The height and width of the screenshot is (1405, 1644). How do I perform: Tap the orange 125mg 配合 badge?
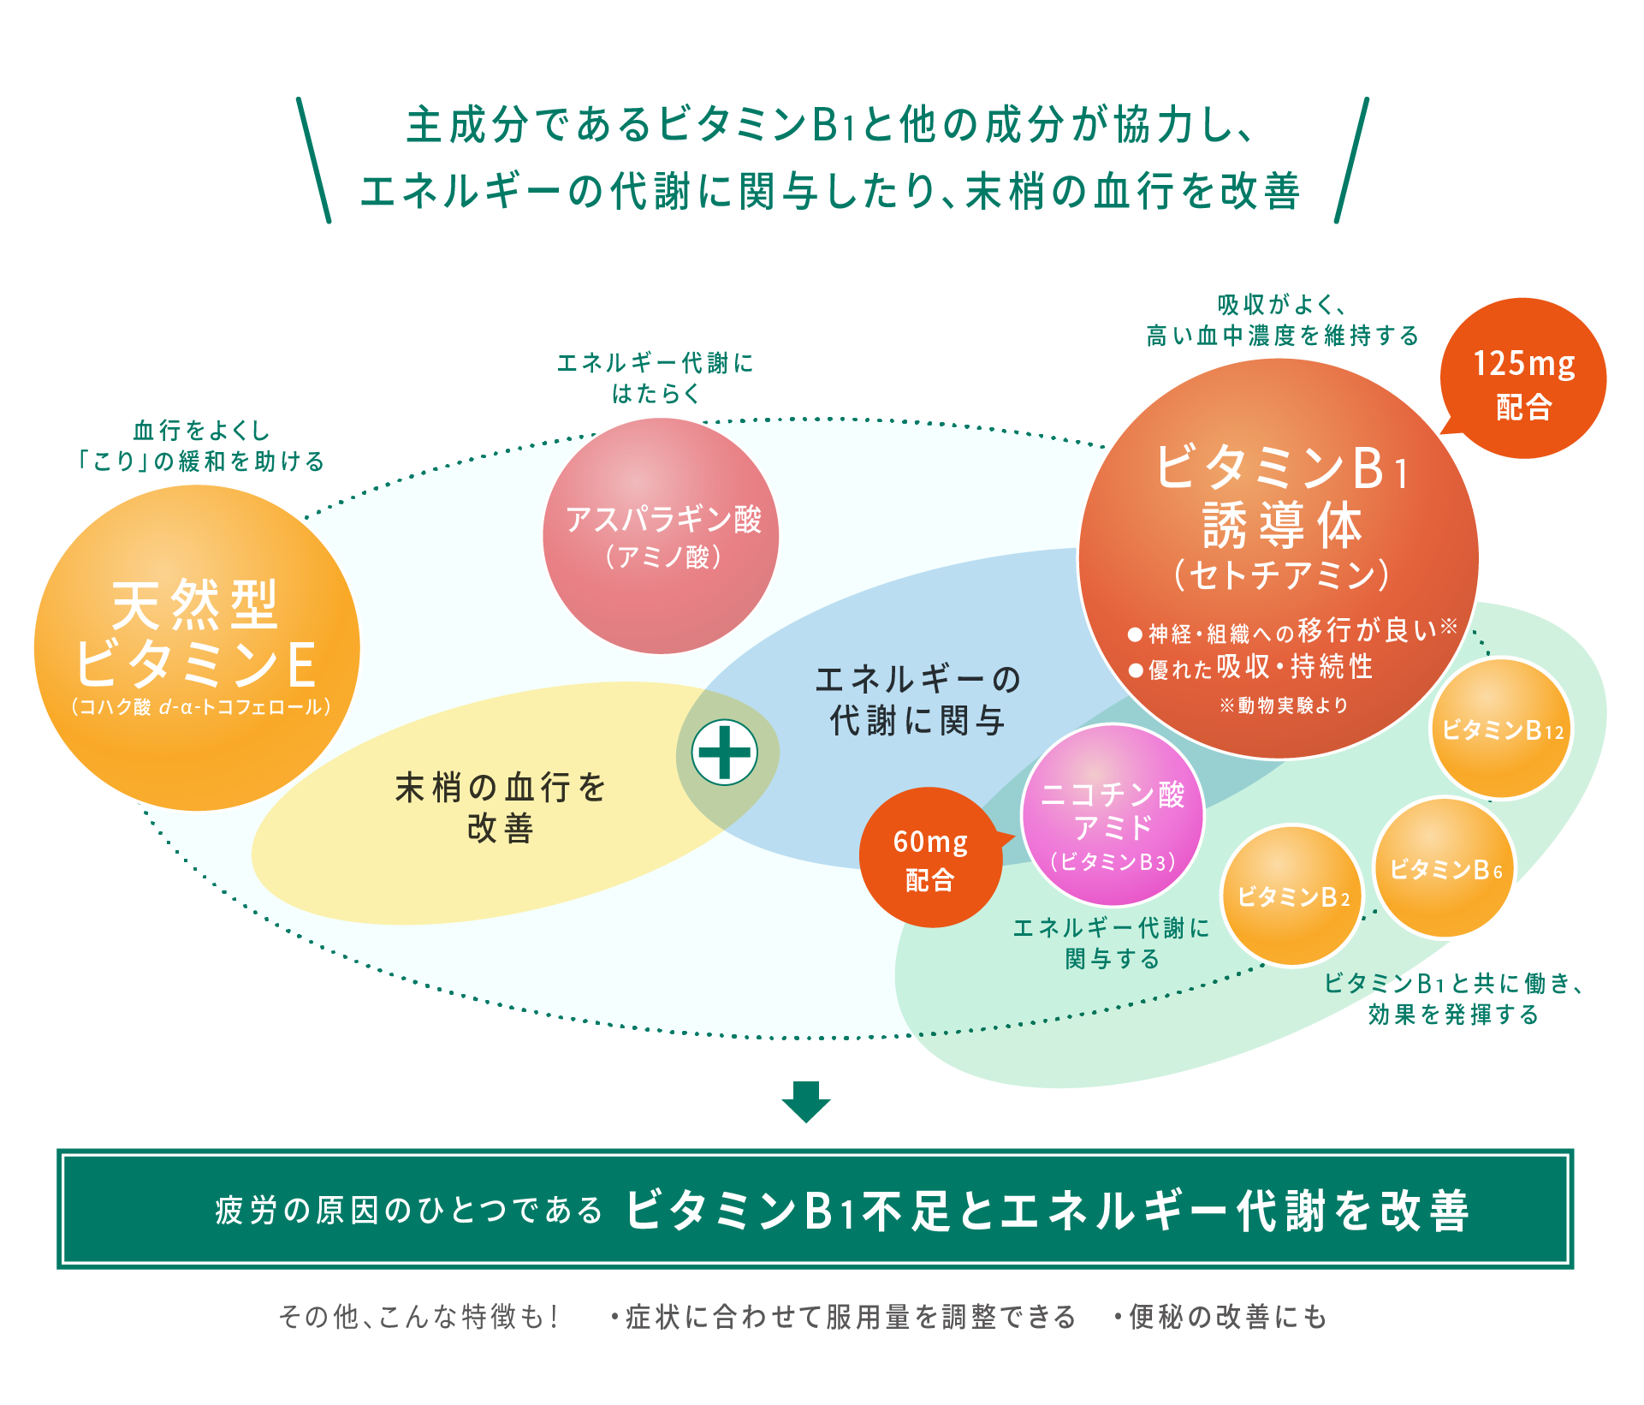click(x=1523, y=379)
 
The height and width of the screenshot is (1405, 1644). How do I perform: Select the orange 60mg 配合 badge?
click(x=930, y=858)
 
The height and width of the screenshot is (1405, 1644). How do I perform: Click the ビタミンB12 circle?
click(x=1501, y=729)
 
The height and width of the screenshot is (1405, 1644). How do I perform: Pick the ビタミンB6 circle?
click(x=1445, y=869)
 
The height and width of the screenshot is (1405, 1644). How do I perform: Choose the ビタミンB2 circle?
click(x=1292, y=896)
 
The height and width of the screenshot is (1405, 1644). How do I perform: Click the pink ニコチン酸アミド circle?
click(x=1113, y=816)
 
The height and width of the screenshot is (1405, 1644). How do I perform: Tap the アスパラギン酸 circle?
click(x=662, y=536)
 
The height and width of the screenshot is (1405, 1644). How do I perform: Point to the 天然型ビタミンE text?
click(x=196, y=634)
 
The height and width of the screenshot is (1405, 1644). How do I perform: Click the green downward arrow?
click(x=806, y=1101)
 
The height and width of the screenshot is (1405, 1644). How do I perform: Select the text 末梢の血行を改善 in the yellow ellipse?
click(x=501, y=807)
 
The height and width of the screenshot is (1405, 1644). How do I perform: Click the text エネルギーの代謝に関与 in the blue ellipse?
click(x=917, y=700)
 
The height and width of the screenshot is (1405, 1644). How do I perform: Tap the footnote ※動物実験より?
click(x=1284, y=705)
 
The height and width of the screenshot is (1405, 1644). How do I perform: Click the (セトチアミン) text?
click(x=1281, y=575)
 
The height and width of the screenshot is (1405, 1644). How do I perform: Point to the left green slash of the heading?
click(x=313, y=160)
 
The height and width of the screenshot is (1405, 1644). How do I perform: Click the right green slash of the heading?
click(x=1351, y=160)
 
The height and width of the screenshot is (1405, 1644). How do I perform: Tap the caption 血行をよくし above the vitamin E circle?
click(x=202, y=430)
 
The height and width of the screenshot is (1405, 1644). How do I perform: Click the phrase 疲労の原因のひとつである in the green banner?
click(x=409, y=1211)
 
